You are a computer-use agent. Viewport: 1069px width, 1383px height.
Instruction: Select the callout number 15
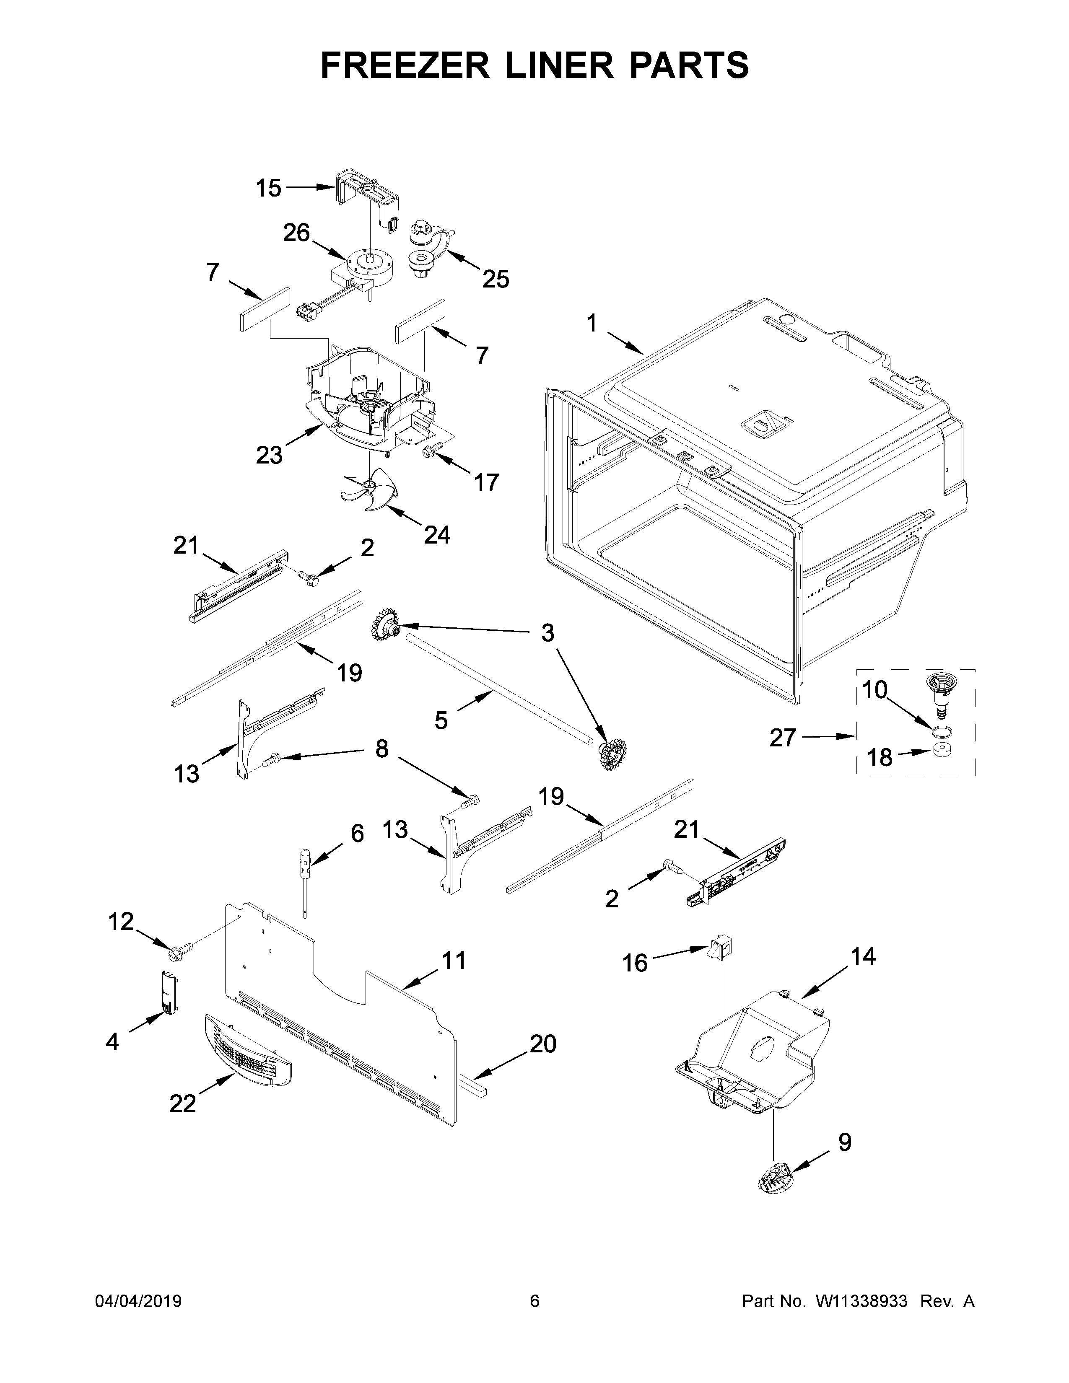(269, 188)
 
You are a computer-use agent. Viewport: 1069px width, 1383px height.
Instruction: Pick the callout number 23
(269, 455)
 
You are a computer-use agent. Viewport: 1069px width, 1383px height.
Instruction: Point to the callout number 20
(543, 1044)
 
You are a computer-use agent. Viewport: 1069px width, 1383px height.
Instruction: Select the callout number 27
(783, 738)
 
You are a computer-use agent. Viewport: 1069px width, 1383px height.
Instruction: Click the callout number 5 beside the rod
(441, 720)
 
